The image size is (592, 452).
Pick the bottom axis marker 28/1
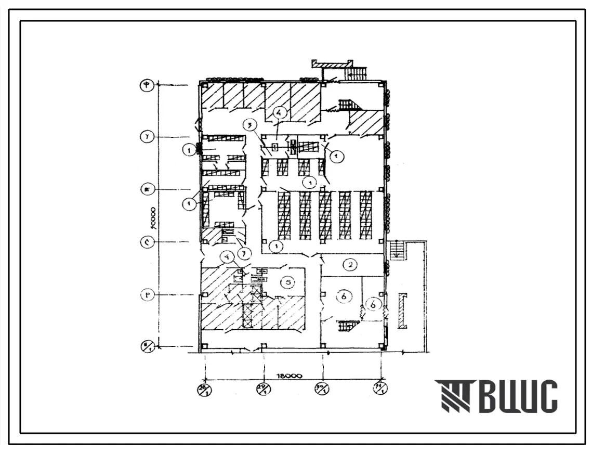coord(205,389)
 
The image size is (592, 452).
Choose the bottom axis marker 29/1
coord(265,389)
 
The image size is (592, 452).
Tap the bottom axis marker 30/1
coord(323,389)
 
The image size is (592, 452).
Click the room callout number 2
coord(351,265)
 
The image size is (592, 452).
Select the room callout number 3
coord(250,125)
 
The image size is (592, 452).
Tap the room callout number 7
coord(242,253)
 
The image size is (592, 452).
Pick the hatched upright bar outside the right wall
coord(403,311)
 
